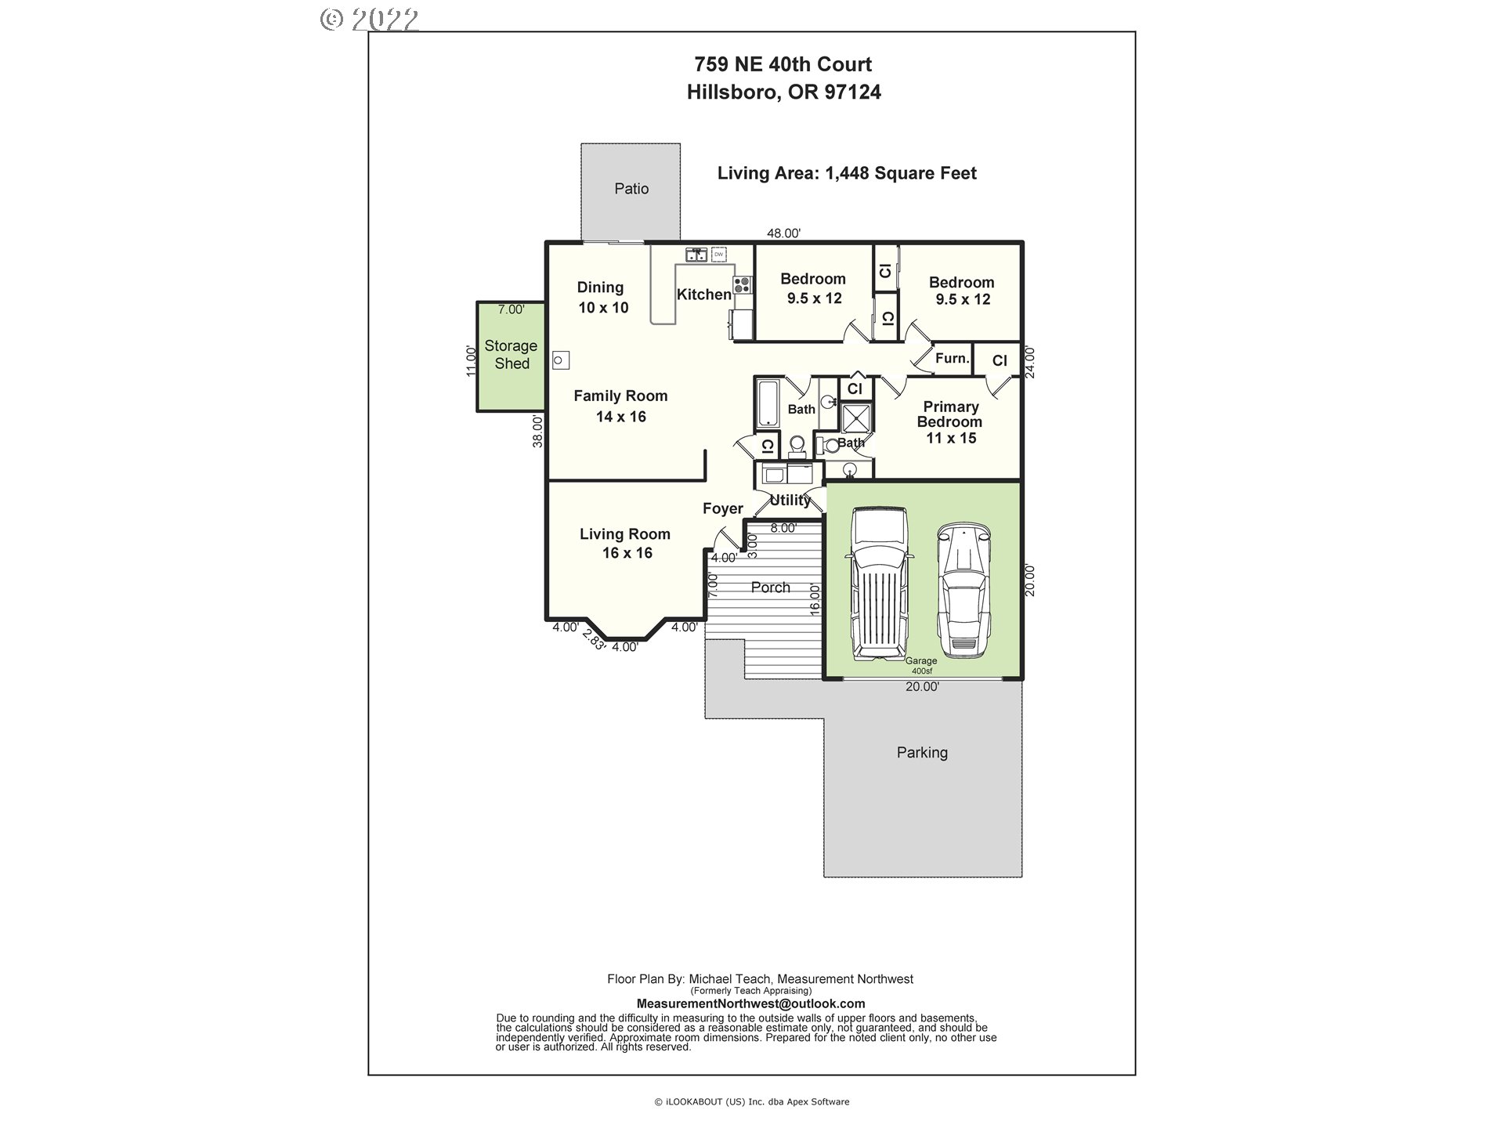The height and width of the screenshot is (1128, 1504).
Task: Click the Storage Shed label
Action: (511, 354)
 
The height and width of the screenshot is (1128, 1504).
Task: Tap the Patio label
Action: (631, 189)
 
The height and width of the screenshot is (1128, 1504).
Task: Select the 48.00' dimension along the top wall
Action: (783, 233)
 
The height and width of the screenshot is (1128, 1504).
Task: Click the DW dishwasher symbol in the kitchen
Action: (718, 255)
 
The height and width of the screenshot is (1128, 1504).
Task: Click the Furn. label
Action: (953, 359)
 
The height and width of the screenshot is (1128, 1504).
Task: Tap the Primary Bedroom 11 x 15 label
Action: (951, 422)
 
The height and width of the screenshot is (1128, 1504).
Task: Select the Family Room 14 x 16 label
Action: (620, 407)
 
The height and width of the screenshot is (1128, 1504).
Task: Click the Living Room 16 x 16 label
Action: (626, 544)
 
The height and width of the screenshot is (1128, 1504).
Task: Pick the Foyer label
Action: (722, 509)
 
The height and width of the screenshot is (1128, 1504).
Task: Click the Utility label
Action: (790, 500)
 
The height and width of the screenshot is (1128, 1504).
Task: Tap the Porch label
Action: (771, 587)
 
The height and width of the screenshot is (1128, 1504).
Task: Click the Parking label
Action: (922, 753)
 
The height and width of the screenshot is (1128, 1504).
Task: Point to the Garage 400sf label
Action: (921, 666)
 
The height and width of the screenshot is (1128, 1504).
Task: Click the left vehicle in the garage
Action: (879, 583)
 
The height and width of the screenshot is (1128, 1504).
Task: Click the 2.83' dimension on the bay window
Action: (594, 641)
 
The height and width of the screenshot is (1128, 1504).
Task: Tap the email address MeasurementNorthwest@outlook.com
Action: (750, 1004)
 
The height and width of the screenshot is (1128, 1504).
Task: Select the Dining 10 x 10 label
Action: (602, 298)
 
